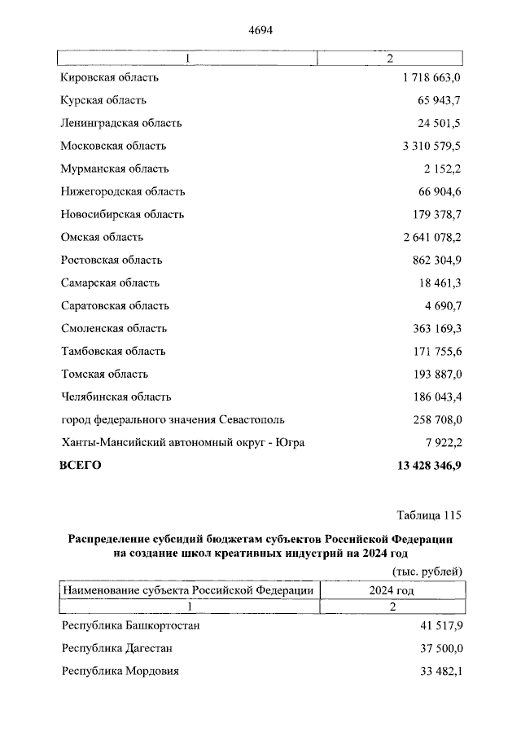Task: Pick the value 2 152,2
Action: tap(442, 169)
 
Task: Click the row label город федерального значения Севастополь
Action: tap(173, 419)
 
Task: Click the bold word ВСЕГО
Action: tap(81, 466)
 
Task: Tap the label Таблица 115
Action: tap(429, 515)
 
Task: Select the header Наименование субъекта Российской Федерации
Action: tap(188, 590)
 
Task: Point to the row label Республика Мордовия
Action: tap(120, 671)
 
